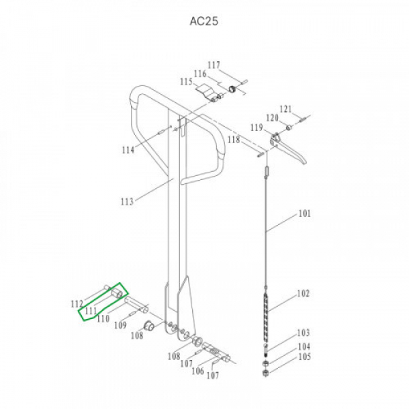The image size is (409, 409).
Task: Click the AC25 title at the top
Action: (204, 21)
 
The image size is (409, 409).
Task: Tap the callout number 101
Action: (305, 213)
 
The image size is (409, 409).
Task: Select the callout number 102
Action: (303, 293)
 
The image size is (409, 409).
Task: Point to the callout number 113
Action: (127, 201)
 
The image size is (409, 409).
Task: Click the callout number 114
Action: (128, 150)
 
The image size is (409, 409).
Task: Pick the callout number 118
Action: (233, 140)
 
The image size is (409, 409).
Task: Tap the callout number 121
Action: (286, 109)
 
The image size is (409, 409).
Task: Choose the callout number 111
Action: (91, 311)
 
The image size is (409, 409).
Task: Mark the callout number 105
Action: (305, 357)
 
